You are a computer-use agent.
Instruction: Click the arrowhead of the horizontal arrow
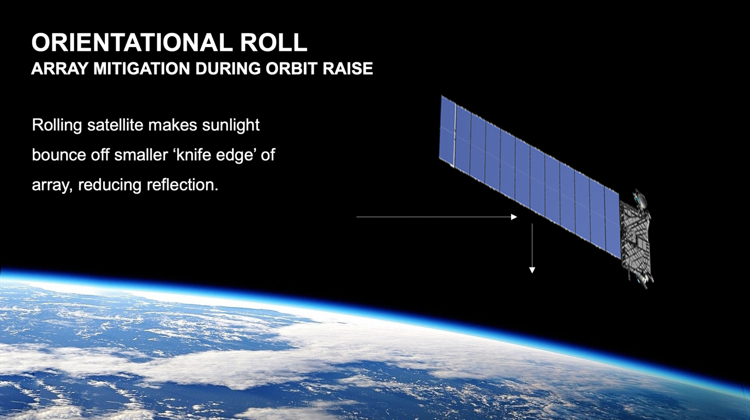point(514,217)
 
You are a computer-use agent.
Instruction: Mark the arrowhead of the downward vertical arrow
point(532,270)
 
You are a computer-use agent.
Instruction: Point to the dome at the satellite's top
point(639,198)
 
